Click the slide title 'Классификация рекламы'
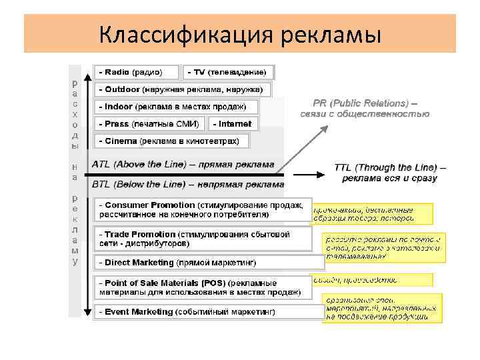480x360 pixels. [x=239, y=33]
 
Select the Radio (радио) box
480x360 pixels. [x=137, y=72]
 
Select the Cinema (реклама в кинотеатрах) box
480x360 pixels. [x=171, y=141]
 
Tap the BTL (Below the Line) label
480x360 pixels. [x=187, y=184]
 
